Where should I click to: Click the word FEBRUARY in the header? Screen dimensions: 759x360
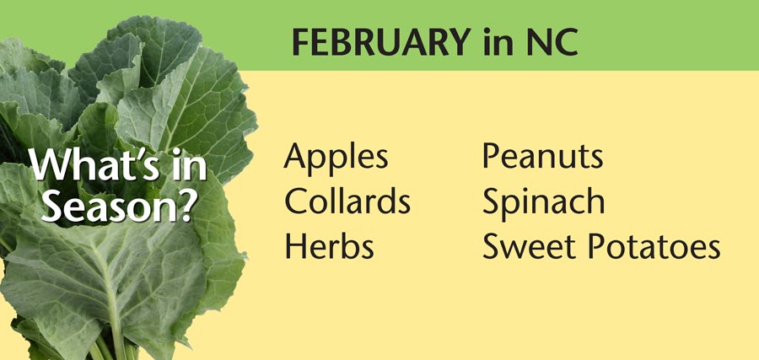point(380,41)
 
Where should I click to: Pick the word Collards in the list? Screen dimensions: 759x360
point(347,200)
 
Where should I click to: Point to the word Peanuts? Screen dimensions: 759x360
point(542,156)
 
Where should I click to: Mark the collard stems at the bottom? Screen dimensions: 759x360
point(112,346)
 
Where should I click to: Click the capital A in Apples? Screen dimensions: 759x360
point(296,156)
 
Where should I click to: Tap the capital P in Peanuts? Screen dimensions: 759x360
point(491,156)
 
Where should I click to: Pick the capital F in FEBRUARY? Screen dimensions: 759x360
point(301,41)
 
